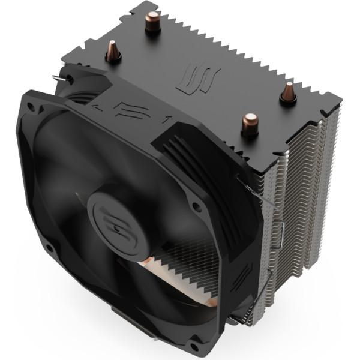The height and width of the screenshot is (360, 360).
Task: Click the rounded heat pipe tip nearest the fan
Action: click(x=247, y=125)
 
